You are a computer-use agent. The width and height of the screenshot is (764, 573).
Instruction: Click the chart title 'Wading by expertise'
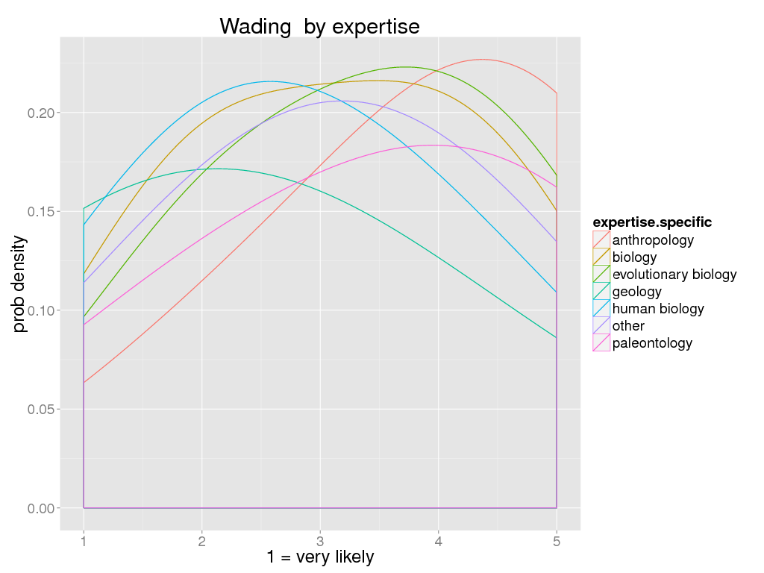point(319,27)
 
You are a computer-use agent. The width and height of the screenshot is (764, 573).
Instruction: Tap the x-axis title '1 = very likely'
point(320,557)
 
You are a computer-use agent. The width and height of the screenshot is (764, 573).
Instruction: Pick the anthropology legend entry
point(653,240)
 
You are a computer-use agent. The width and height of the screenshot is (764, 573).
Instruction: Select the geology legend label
point(636,292)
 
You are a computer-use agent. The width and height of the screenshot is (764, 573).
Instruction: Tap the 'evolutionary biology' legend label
point(674,275)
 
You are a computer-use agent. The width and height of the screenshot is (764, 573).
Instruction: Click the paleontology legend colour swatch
point(601,343)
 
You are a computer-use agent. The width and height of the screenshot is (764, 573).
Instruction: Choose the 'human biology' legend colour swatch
point(601,309)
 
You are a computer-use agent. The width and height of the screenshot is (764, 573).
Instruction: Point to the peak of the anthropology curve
point(483,60)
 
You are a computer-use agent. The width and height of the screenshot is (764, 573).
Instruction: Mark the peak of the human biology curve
point(269,81)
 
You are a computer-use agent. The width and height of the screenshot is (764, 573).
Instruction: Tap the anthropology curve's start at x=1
point(84,383)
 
